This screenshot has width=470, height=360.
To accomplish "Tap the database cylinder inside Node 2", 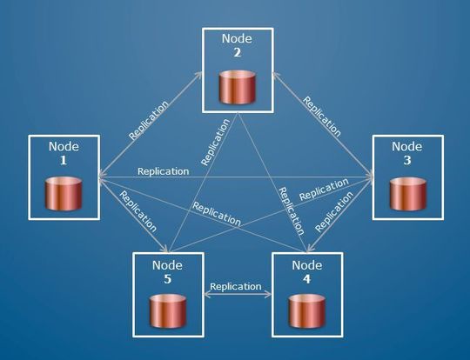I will tap(237, 87).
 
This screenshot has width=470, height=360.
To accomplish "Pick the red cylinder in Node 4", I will tap(306, 310).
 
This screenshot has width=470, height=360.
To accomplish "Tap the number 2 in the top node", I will tap(237, 52).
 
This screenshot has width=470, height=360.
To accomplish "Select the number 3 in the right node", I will tap(406, 161).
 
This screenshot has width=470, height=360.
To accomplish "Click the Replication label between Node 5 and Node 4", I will tap(236, 286).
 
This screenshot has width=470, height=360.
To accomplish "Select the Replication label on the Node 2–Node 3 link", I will tap(321, 116).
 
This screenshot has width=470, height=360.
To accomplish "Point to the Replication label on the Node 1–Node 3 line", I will tap(163, 171).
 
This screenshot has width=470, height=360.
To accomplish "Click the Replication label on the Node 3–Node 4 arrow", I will tap(334, 211).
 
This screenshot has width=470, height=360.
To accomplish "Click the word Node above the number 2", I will tap(237, 39).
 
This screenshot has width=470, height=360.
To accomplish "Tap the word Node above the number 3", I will tap(406, 147).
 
